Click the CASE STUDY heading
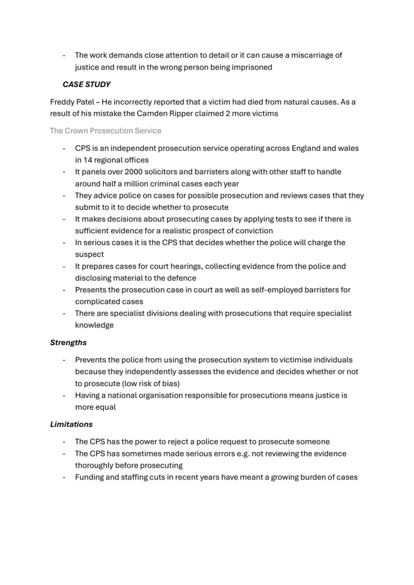pos(86,84)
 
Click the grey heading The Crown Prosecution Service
pos(105,131)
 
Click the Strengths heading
pos(68,343)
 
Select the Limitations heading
pos(71,425)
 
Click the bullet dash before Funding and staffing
pos(64,477)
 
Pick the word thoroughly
pos(95,466)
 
